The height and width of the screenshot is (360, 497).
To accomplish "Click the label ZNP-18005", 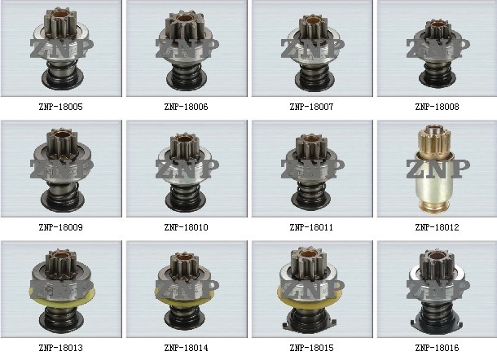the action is [x=60, y=107].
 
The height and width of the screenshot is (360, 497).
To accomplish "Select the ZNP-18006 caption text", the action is [x=186, y=107].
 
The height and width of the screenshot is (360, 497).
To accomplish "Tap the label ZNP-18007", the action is [x=311, y=107].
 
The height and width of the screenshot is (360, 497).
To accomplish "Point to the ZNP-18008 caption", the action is [x=437, y=107].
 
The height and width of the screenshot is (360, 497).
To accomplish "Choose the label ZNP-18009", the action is [x=60, y=227].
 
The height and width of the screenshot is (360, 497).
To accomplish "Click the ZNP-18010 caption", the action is [x=186, y=227].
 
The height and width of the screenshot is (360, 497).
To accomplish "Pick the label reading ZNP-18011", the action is [x=311, y=227].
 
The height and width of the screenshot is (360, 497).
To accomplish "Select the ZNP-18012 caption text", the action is [x=437, y=227].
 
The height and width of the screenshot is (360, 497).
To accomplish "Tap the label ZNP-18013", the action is [x=60, y=348].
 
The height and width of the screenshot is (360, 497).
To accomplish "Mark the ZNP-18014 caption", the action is [x=186, y=348].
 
